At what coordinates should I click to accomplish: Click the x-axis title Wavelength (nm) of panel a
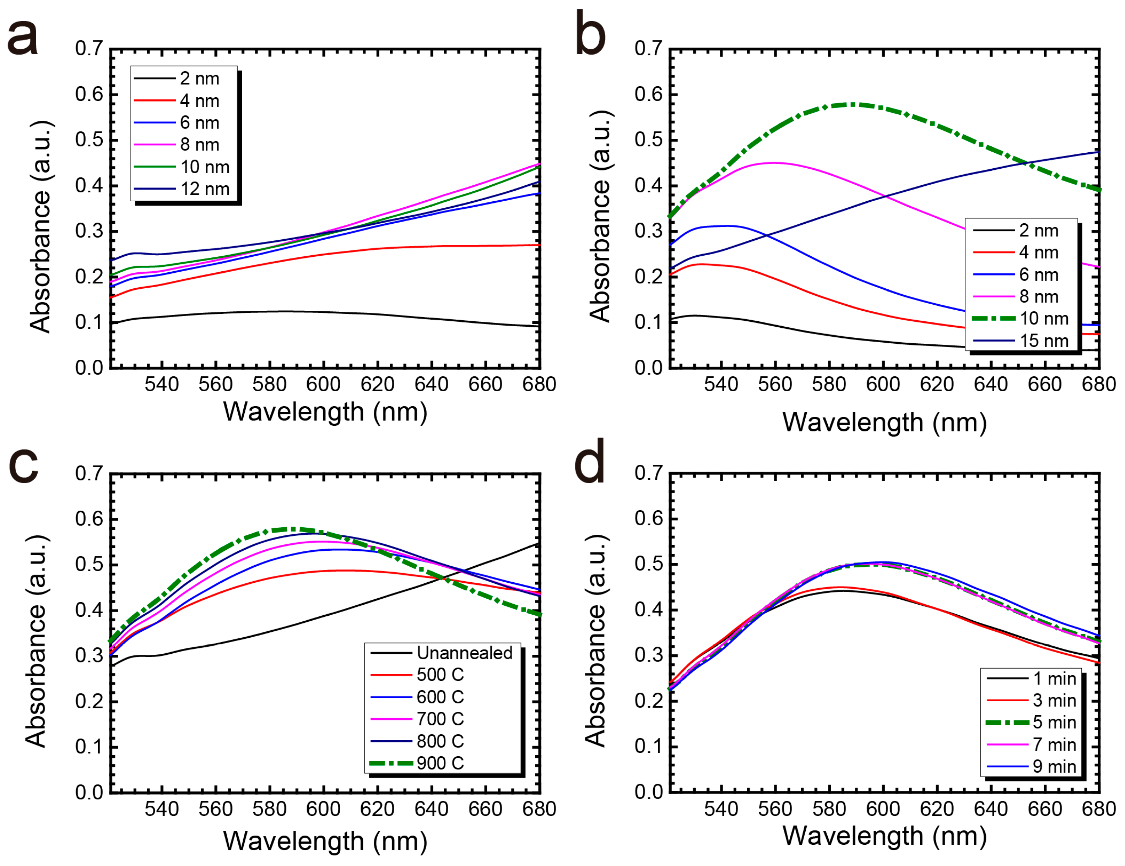click(x=325, y=412)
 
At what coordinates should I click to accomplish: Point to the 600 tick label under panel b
click(x=882, y=385)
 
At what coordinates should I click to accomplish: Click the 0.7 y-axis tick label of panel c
click(x=89, y=473)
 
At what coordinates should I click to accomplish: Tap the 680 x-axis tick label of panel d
click(x=1098, y=809)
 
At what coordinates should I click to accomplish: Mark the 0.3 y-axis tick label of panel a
click(x=89, y=231)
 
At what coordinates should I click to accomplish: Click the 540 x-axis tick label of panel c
click(x=162, y=809)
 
